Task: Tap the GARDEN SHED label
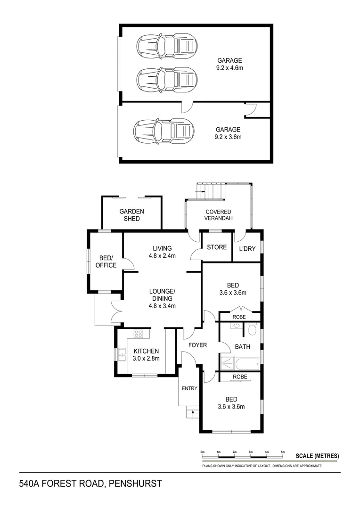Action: pyautogui.click(x=131, y=215)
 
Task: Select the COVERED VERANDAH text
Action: pyautogui.click(x=219, y=215)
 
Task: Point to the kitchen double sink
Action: pyautogui.click(x=122, y=354)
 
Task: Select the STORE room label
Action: pyautogui.click(x=217, y=247)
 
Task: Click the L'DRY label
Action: pyautogui.click(x=247, y=248)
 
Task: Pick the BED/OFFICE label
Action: pyautogui.click(x=106, y=262)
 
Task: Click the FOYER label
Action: pyautogui.click(x=197, y=345)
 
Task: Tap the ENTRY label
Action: pyautogui.click(x=189, y=388)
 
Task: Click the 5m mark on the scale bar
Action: pyautogui.click(x=283, y=452)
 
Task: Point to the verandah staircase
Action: pyautogui.click(x=214, y=190)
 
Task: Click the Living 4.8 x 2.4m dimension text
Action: pyautogui.click(x=162, y=256)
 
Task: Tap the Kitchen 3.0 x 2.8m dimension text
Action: pyautogui.click(x=147, y=358)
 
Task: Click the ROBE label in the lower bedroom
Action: pyautogui.click(x=240, y=377)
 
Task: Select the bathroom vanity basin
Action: pyautogui.click(x=235, y=326)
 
